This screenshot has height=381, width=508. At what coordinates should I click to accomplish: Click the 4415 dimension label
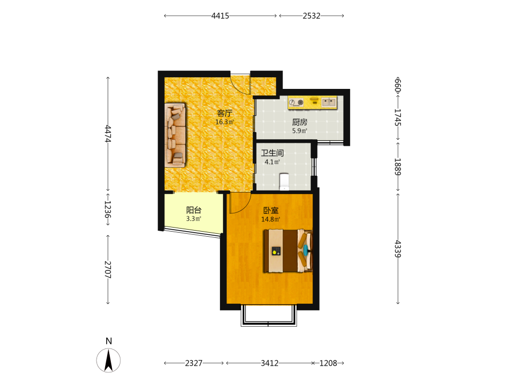pyautogui.click(x=220, y=16)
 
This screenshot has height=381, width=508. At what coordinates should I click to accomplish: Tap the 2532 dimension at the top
pyautogui.click(x=311, y=16)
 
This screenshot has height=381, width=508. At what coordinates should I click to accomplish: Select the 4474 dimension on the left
pyautogui.click(x=108, y=134)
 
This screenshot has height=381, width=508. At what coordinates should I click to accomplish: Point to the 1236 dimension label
pyautogui.click(x=108, y=209)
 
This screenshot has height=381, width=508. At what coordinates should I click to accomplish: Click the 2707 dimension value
pyautogui.click(x=108, y=270)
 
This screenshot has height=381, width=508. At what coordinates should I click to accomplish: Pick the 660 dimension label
pyautogui.click(x=398, y=85)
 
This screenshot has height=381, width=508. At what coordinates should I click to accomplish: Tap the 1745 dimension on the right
pyautogui.click(x=398, y=117)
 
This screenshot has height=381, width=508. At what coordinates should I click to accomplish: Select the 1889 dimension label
pyautogui.click(x=398, y=167)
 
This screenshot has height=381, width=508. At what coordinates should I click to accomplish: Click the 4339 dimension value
pyautogui.click(x=398, y=249)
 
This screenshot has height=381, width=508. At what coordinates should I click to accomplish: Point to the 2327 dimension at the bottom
pyautogui.click(x=194, y=363)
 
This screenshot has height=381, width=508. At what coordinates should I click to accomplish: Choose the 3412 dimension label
pyautogui.click(x=270, y=363)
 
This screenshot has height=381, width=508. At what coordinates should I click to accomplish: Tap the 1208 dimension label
pyautogui.click(x=328, y=363)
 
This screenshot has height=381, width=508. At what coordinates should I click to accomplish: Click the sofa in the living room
pyautogui.click(x=175, y=135)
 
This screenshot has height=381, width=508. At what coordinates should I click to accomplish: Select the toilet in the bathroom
pyautogui.click(x=284, y=182)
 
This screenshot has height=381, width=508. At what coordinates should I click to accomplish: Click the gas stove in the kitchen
pyautogui.click(x=296, y=103)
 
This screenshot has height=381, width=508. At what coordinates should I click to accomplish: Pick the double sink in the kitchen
pyautogui.click(x=329, y=102)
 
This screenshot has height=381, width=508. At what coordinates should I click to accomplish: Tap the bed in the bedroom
pyautogui.click(x=288, y=251)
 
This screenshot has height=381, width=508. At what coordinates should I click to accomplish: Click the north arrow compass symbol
pyautogui.click(x=108, y=360)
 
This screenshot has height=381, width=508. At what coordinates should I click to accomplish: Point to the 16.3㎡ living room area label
pyautogui.click(x=225, y=122)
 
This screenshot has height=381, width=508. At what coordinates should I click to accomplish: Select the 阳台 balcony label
pyautogui.click(x=194, y=210)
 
